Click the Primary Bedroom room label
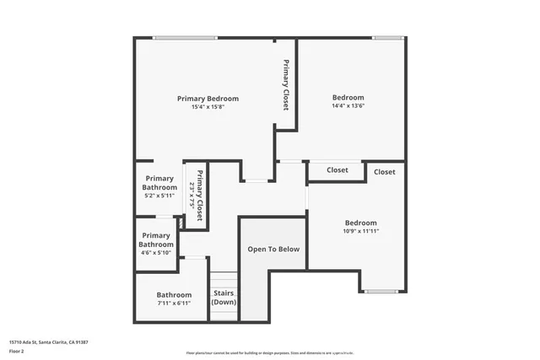point(208,99)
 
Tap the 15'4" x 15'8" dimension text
point(208,107)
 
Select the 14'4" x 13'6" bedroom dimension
point(348,107)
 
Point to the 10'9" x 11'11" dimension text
point(361,231)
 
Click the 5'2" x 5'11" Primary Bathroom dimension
point(159,195)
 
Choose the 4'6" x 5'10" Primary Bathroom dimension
point(155,252)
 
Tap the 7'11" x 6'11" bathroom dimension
point(174,303)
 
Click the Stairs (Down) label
point(224,298)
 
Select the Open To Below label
point(272,250)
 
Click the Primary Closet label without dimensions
point(286,86)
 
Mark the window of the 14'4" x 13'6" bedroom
point(387,37)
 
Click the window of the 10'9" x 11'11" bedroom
point(380,292)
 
